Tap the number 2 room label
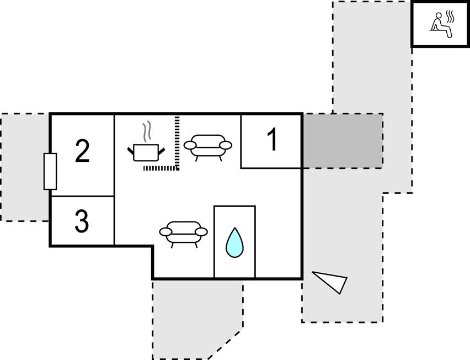pyautogui.click(x=82, y=151)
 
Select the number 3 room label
pyautogui.click(x=82, y=221)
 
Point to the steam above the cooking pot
pyautogui.click(x=147, y=131)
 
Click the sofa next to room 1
pyautogui.click(x=208, y=146)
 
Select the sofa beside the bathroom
pyautogui.click(x=183, y=232)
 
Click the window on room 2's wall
pyautogui.click(x=50, y=171)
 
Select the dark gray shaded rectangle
pyautogui.click(x=342, y=141)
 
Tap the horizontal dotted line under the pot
pyautogui.click(x=160, y=168)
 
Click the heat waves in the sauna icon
pyautogui.click(x=451, y=18)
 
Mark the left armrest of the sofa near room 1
pyautogui.click(x=190, y=145)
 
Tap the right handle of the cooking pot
pyautogui.click(x=162, y=149)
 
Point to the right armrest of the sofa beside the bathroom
pyautogui.click(x=201, y=231)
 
